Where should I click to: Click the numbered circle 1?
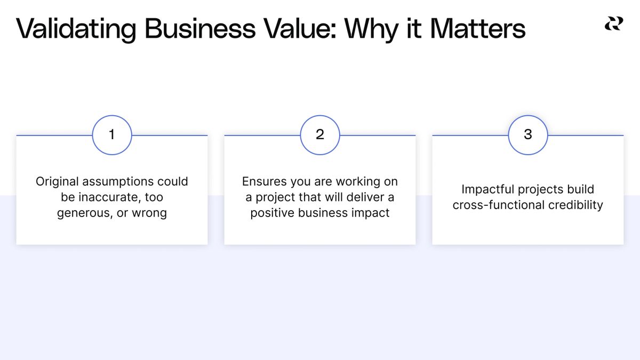112,135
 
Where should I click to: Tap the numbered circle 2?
320,135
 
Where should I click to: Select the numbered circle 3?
528,135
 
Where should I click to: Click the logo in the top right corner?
613,24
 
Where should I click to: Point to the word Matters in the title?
478,29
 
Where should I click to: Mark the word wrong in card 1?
150,213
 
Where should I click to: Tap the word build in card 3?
580,189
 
